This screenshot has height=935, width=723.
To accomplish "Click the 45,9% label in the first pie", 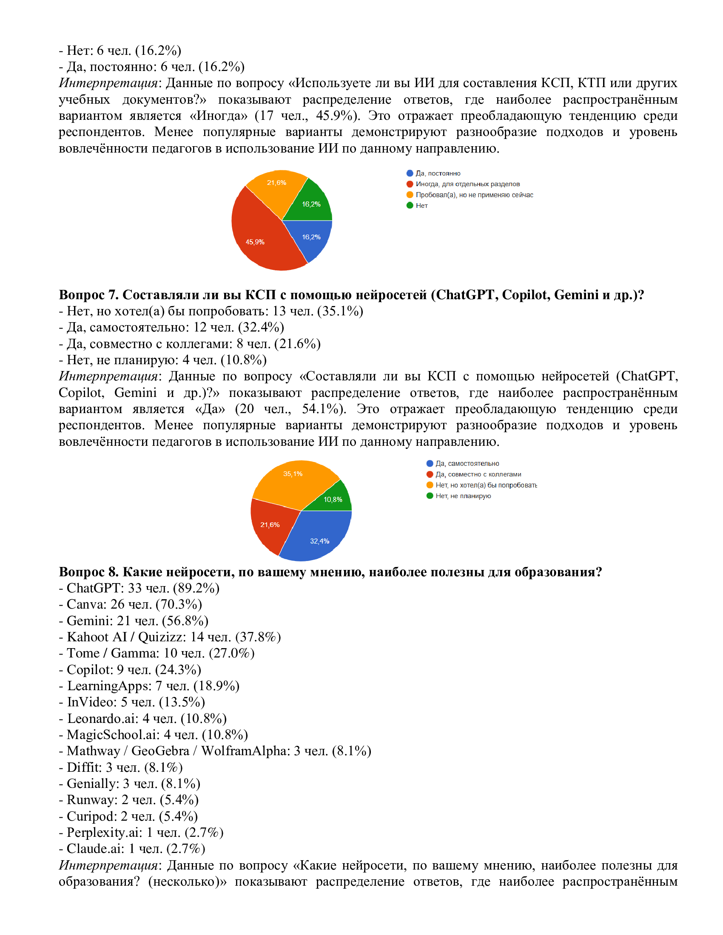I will pos(255,242).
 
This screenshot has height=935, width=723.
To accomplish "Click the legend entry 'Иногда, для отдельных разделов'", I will pos(467,184).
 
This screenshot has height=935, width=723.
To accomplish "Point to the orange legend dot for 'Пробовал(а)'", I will pos(410,195).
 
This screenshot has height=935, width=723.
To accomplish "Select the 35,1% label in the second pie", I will pos(293,473).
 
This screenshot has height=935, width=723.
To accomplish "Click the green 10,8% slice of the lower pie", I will pos(333,499).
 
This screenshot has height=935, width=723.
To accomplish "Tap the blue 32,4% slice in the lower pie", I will pos(319,541).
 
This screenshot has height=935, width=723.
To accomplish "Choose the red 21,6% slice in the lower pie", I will pos(270,524).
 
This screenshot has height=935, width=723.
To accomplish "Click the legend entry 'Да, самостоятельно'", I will pos(467,463).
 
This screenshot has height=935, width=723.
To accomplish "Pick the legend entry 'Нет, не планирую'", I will pos(463,496).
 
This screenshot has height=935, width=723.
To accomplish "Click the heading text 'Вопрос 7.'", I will pos(88,295).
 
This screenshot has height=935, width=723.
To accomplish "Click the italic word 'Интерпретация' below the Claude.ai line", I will pos(108,865).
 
